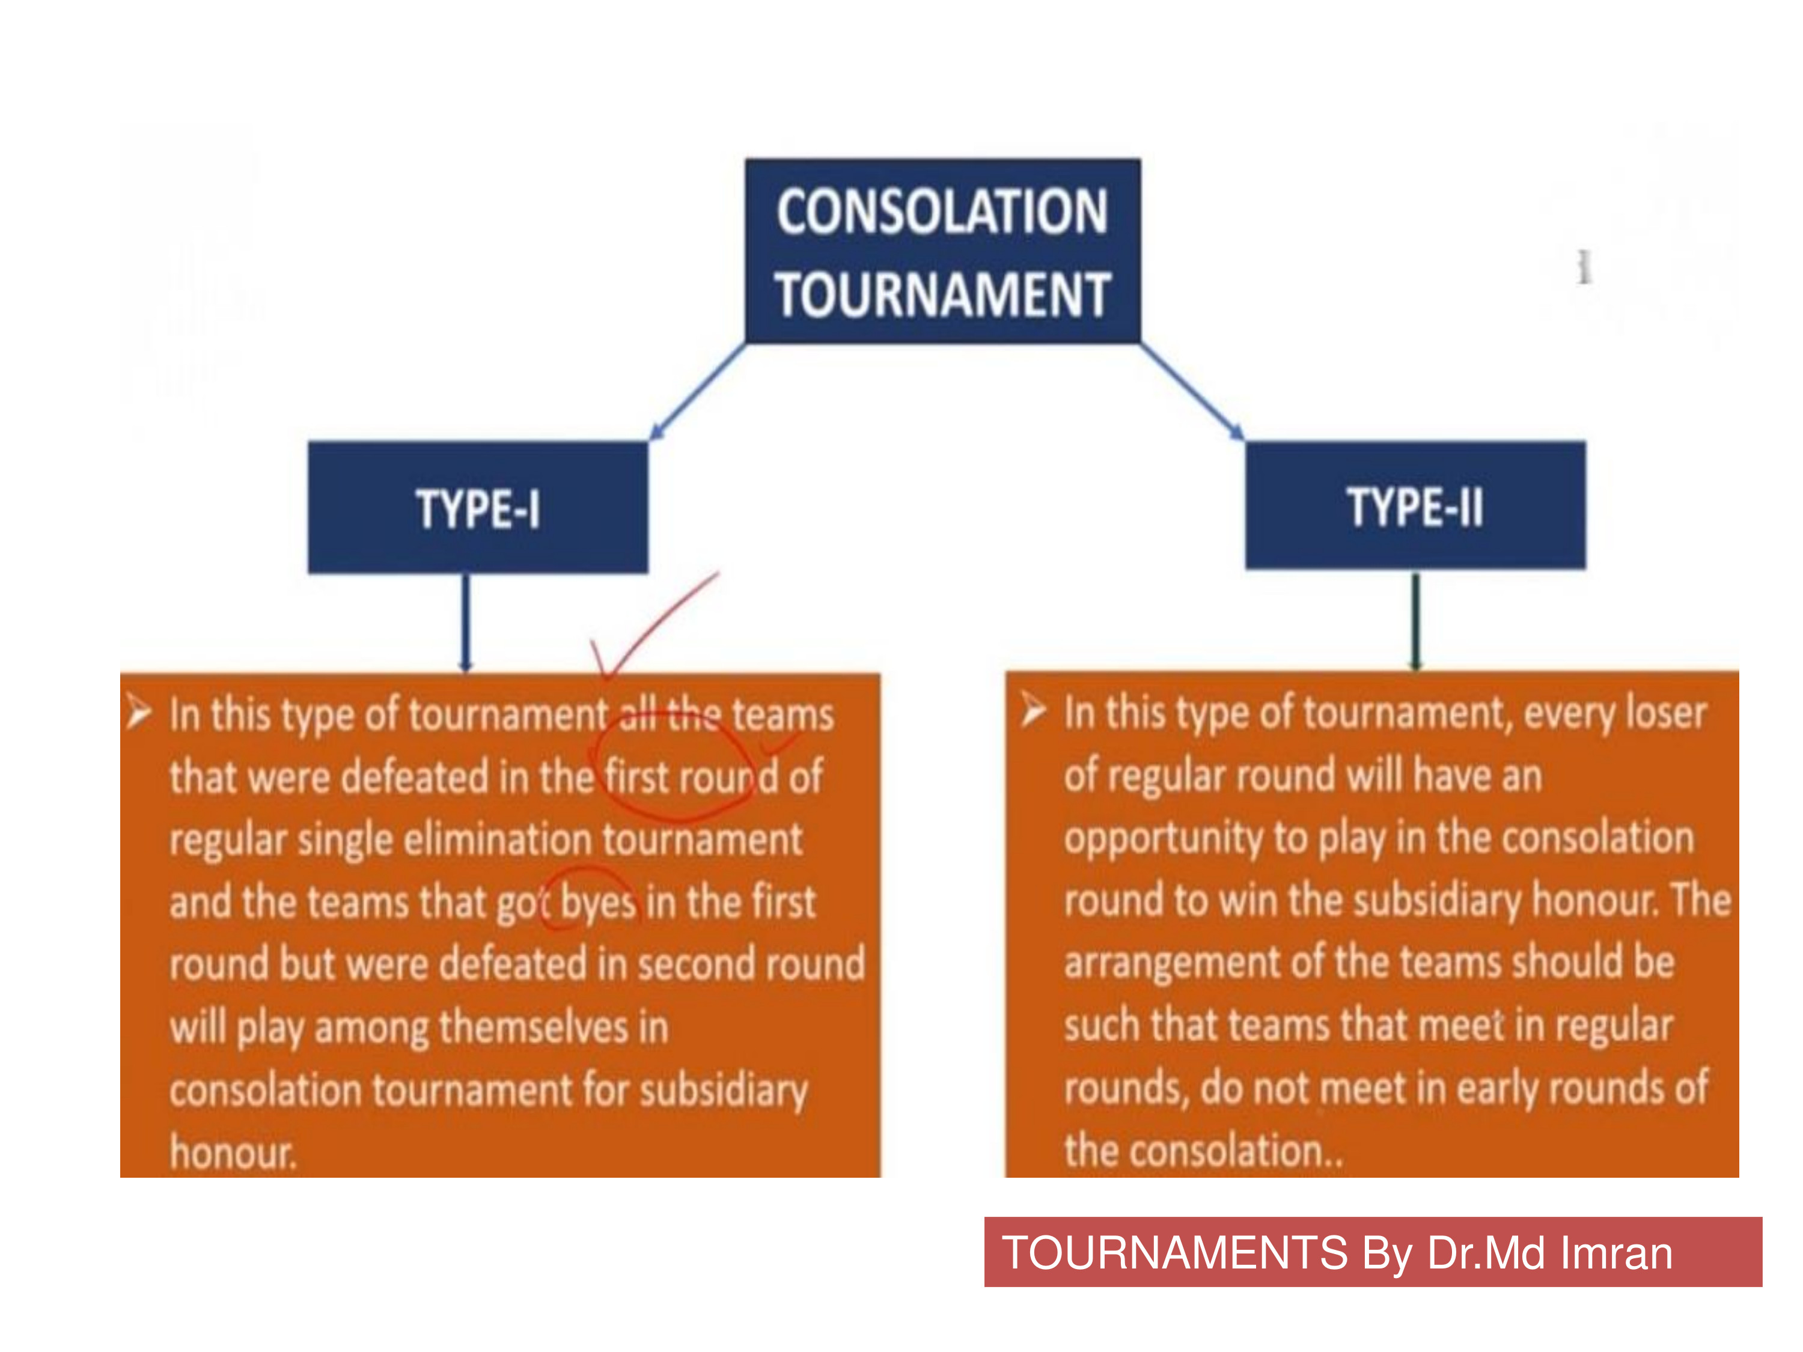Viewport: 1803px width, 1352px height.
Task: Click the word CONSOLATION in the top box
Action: pyautogui.click(x=942, y=212)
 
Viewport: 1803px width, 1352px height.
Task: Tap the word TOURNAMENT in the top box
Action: pyautogui.click(x=942, y=294)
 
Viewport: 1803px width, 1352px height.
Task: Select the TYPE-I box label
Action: pyautogui.click(x=478, y=508)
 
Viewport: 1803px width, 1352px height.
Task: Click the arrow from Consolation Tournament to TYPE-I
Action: pyautogui.click(x=698, y=391)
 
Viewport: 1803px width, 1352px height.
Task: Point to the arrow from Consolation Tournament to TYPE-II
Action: pyautogui.click(x=1192, y=391)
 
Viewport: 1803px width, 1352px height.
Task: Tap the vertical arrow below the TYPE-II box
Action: pyautogui.click(x=1416, y=621)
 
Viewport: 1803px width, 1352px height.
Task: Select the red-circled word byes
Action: pyautogui.click(x=598, y=902)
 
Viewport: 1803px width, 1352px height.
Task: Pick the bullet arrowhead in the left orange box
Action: pyautogui.click(x=139, y=712)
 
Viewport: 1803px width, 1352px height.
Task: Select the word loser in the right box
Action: pyautogui.click(x=1665, y=712)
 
